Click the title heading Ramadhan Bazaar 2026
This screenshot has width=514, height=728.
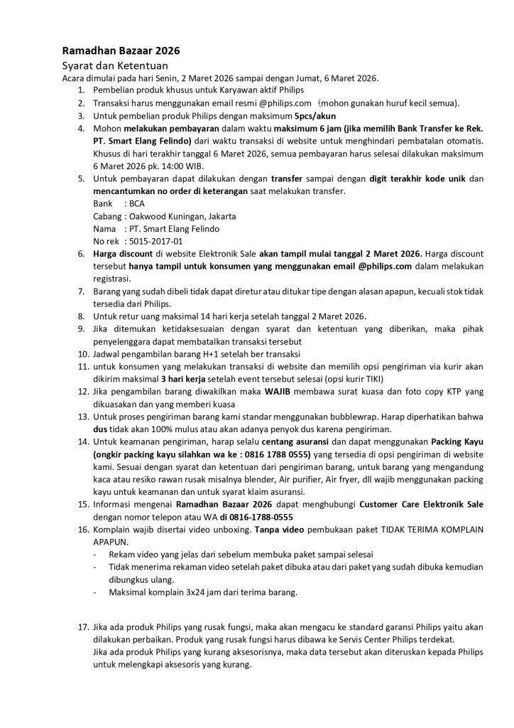coord(121,51)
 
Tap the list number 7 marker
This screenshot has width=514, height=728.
coord(82,291)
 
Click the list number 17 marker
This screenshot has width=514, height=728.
coord(80,628)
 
